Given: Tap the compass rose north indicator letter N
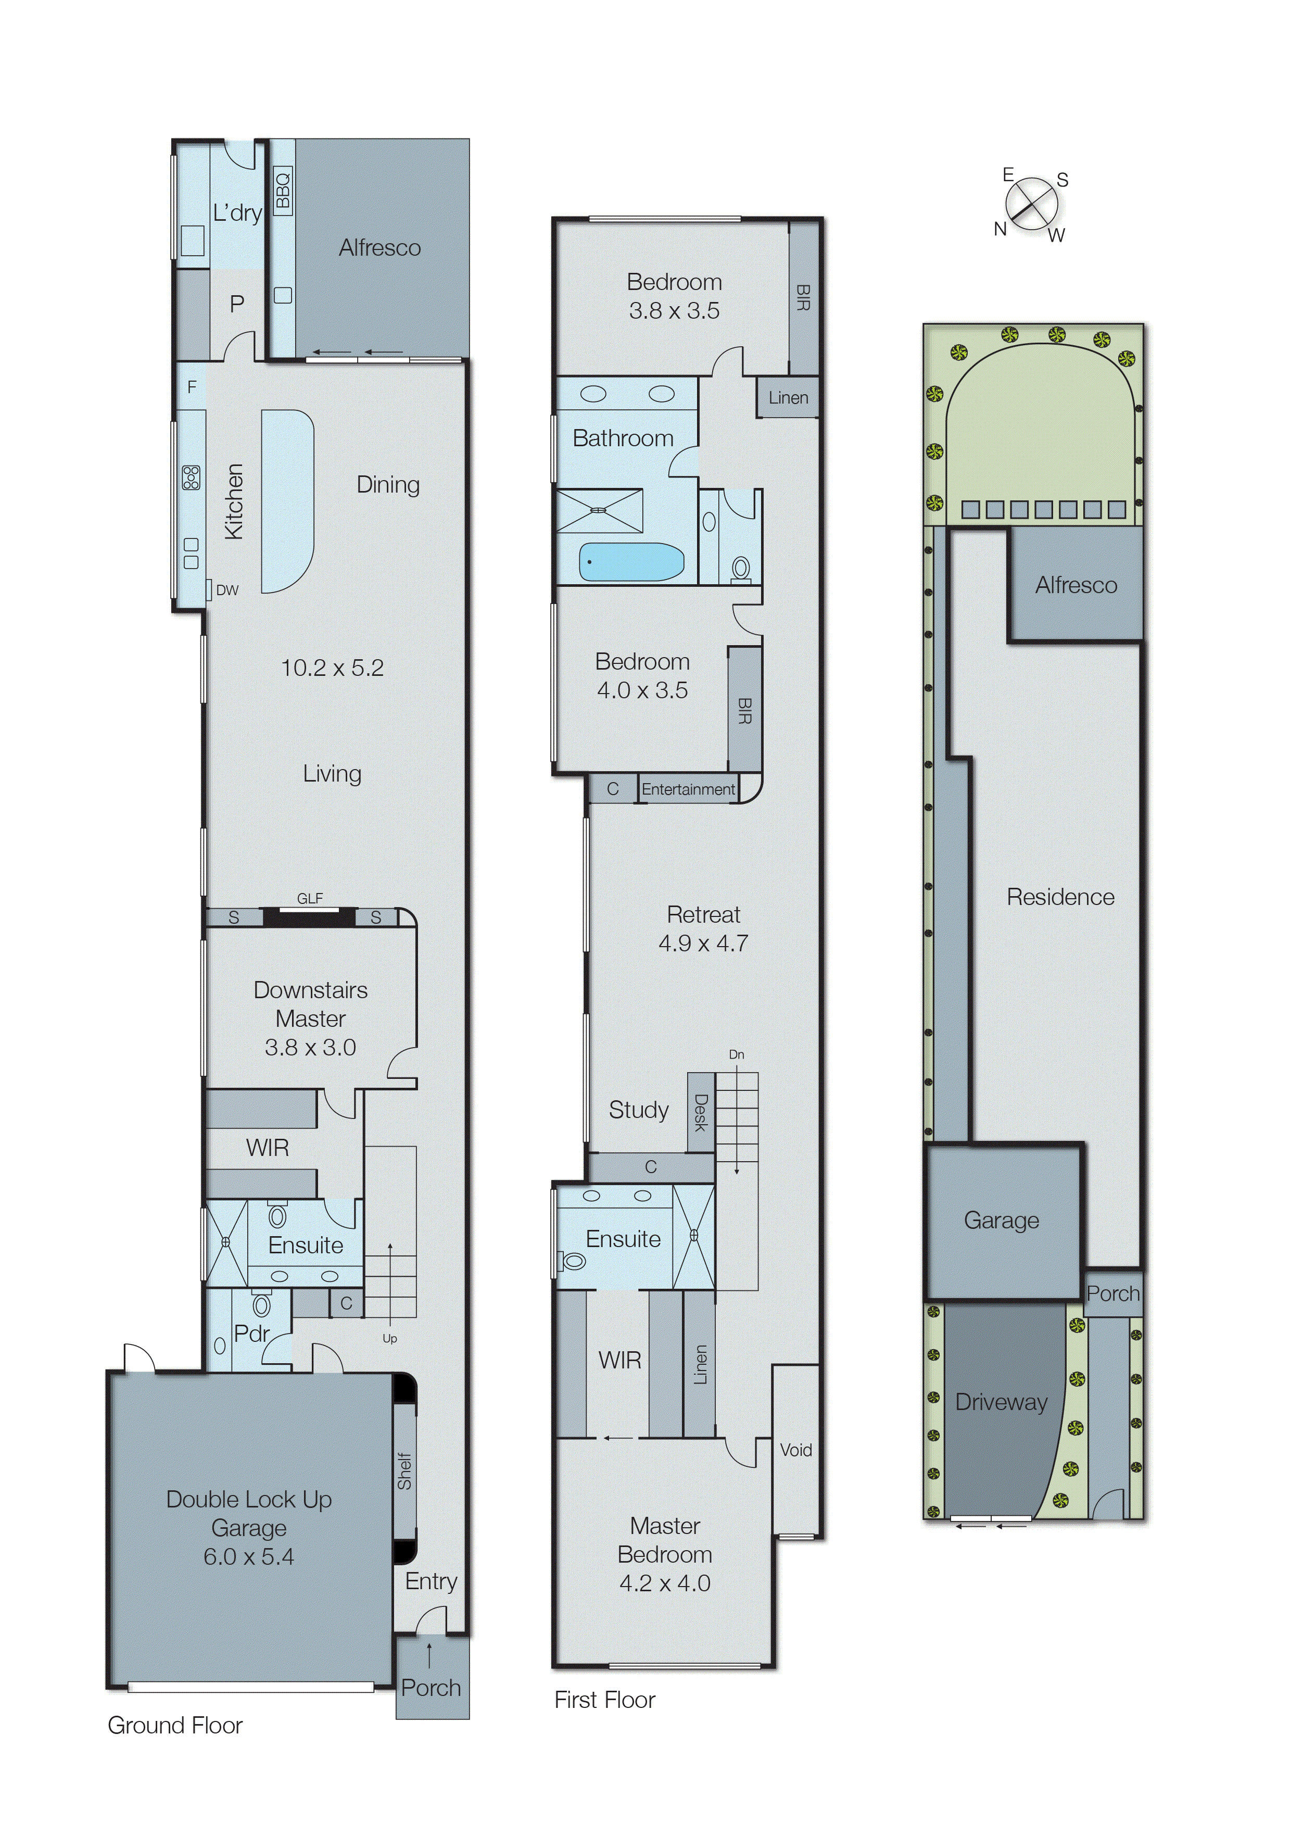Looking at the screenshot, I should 1000,229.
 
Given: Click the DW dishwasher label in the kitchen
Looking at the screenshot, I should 227,590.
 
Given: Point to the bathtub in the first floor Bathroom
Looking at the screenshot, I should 630,562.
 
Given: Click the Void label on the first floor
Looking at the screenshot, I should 796,1449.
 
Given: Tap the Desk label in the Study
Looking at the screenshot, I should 700,1111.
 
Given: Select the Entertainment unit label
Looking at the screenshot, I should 688,789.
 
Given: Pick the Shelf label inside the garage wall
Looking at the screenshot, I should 404,1471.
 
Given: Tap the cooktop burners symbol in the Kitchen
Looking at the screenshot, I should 192,477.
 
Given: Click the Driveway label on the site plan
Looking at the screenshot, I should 1001,1402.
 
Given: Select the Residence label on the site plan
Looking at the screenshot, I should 1060,897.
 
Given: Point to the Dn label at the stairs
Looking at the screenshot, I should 736,1055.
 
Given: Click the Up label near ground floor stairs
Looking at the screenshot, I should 389,1338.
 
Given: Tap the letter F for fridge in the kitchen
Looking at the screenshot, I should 192,387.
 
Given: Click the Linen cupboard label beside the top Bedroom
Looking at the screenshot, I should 788,397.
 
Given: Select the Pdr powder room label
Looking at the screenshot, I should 252,1333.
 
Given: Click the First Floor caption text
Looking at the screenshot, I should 604,1700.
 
